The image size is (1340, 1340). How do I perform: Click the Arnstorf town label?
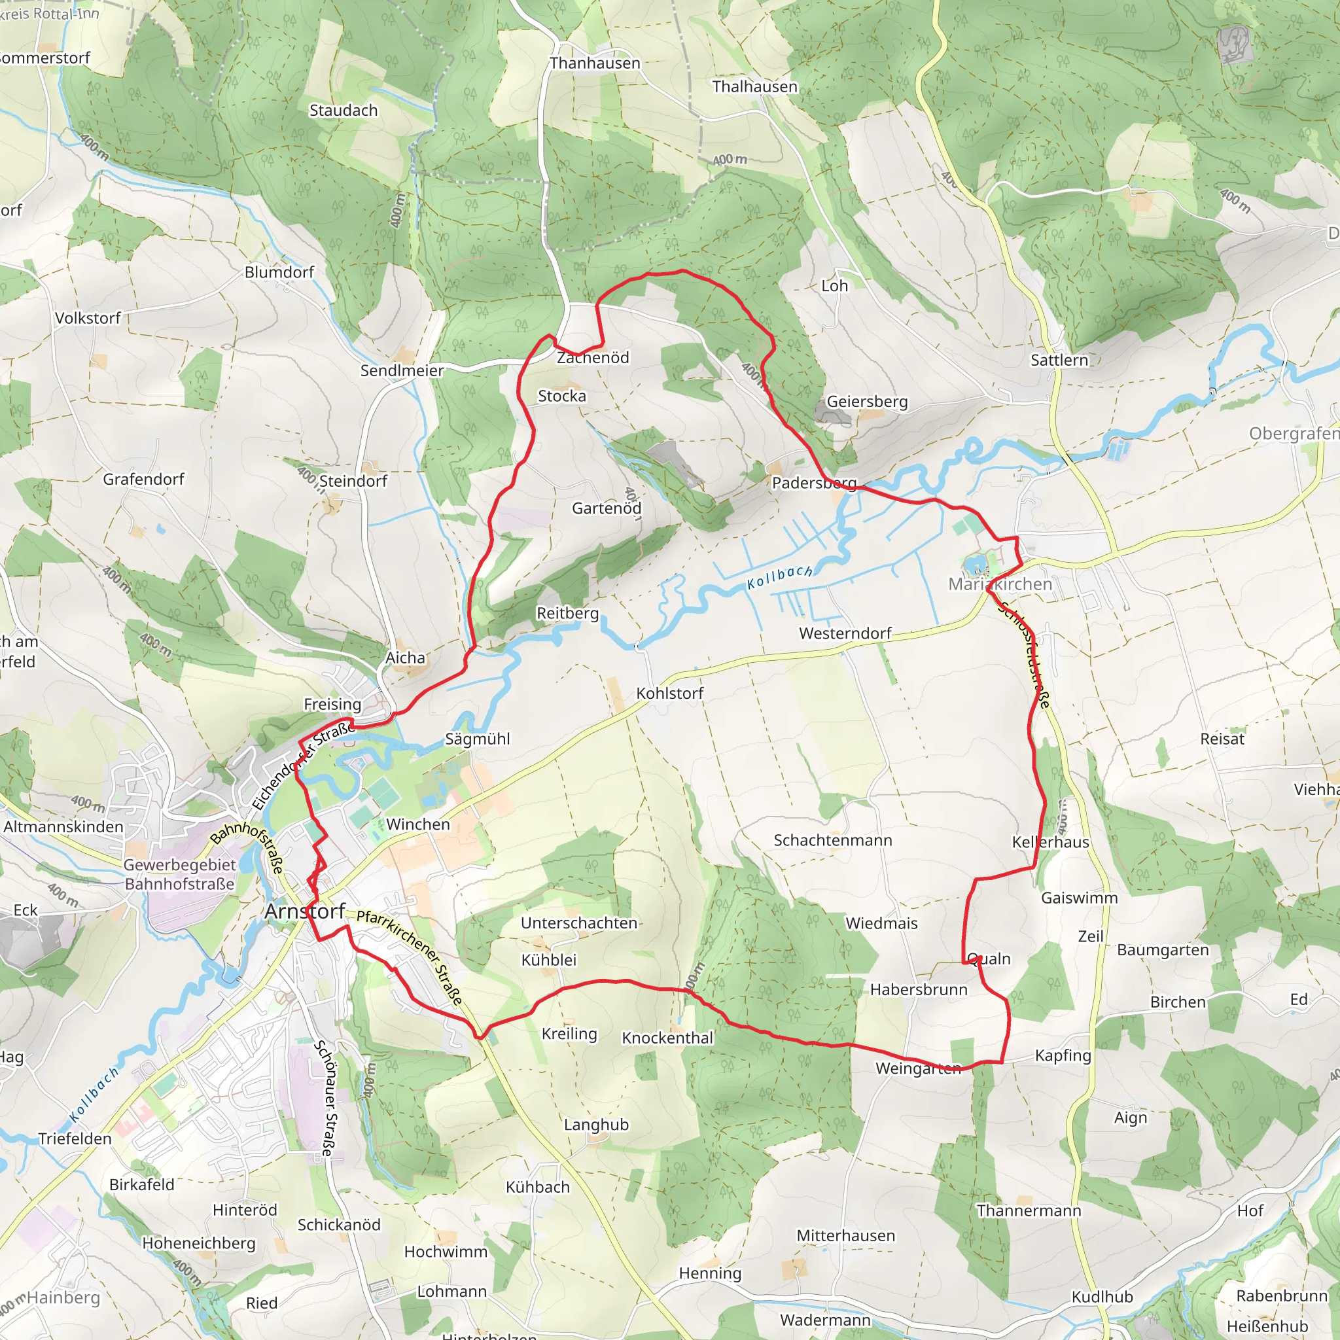[304, 911]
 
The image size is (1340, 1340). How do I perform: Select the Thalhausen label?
[754, 87]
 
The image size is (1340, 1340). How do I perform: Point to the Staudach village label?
[344, 111]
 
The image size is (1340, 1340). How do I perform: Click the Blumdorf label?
[279, 272]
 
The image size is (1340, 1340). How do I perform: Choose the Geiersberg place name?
[867, 402]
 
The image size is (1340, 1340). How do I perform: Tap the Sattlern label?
[1059, 360]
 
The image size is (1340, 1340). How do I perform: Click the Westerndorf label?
[845, 633]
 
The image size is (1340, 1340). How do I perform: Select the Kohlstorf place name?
[669, 693]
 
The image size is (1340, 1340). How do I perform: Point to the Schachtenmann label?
[832, 840]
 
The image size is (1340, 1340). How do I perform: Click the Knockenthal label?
[667, 1038]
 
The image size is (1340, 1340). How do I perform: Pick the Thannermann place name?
[1029, 1210]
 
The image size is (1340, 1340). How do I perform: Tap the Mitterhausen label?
[845, 1235]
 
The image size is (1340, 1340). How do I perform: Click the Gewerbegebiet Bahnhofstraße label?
[180, 874]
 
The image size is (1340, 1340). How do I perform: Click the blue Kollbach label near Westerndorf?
[779, 576]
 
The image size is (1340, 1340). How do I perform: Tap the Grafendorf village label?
[143, 478]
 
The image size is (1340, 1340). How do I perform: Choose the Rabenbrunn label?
[1282, 1296]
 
